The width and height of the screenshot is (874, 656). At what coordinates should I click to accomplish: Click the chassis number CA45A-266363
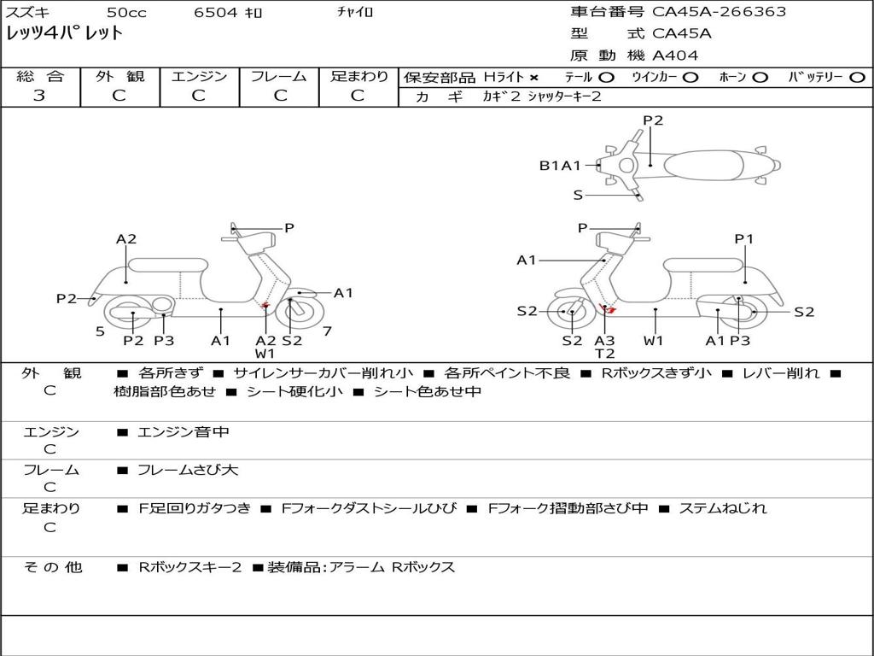[719, 12]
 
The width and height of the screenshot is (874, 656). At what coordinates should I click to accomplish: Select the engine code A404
[675, 56]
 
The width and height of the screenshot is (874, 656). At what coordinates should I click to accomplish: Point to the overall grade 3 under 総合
[39, 95]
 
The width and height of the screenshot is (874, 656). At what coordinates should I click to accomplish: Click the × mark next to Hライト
[534, 77]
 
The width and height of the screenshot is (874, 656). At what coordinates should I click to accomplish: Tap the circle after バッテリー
[856, 77]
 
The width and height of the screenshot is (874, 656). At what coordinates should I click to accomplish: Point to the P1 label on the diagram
[744, 239]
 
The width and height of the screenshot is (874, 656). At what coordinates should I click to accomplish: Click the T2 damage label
[604, 354]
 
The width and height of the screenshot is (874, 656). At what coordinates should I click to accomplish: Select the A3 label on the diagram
[604, 341]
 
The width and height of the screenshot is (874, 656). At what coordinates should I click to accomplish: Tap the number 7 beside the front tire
[327, 331]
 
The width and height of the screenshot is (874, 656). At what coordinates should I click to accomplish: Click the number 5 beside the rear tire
[100, 331]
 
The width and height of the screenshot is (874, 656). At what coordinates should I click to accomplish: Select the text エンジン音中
[183, 432]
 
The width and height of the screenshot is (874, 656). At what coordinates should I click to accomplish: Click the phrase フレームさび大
[188, 470]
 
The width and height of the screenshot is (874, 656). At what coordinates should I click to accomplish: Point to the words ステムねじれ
[722, 508]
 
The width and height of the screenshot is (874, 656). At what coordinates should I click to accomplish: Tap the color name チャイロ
[355, 13]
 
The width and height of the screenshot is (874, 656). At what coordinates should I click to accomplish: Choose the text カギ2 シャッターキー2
[543, 97]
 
